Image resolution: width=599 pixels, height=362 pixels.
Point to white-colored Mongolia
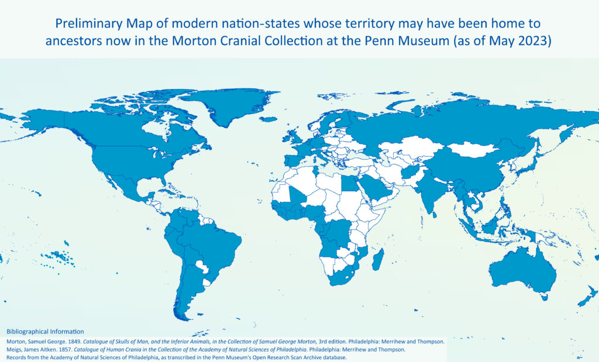pyautogui.click(x=474, y=149)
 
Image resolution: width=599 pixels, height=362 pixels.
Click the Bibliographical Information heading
pyautogui.click(x=45, y=332)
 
